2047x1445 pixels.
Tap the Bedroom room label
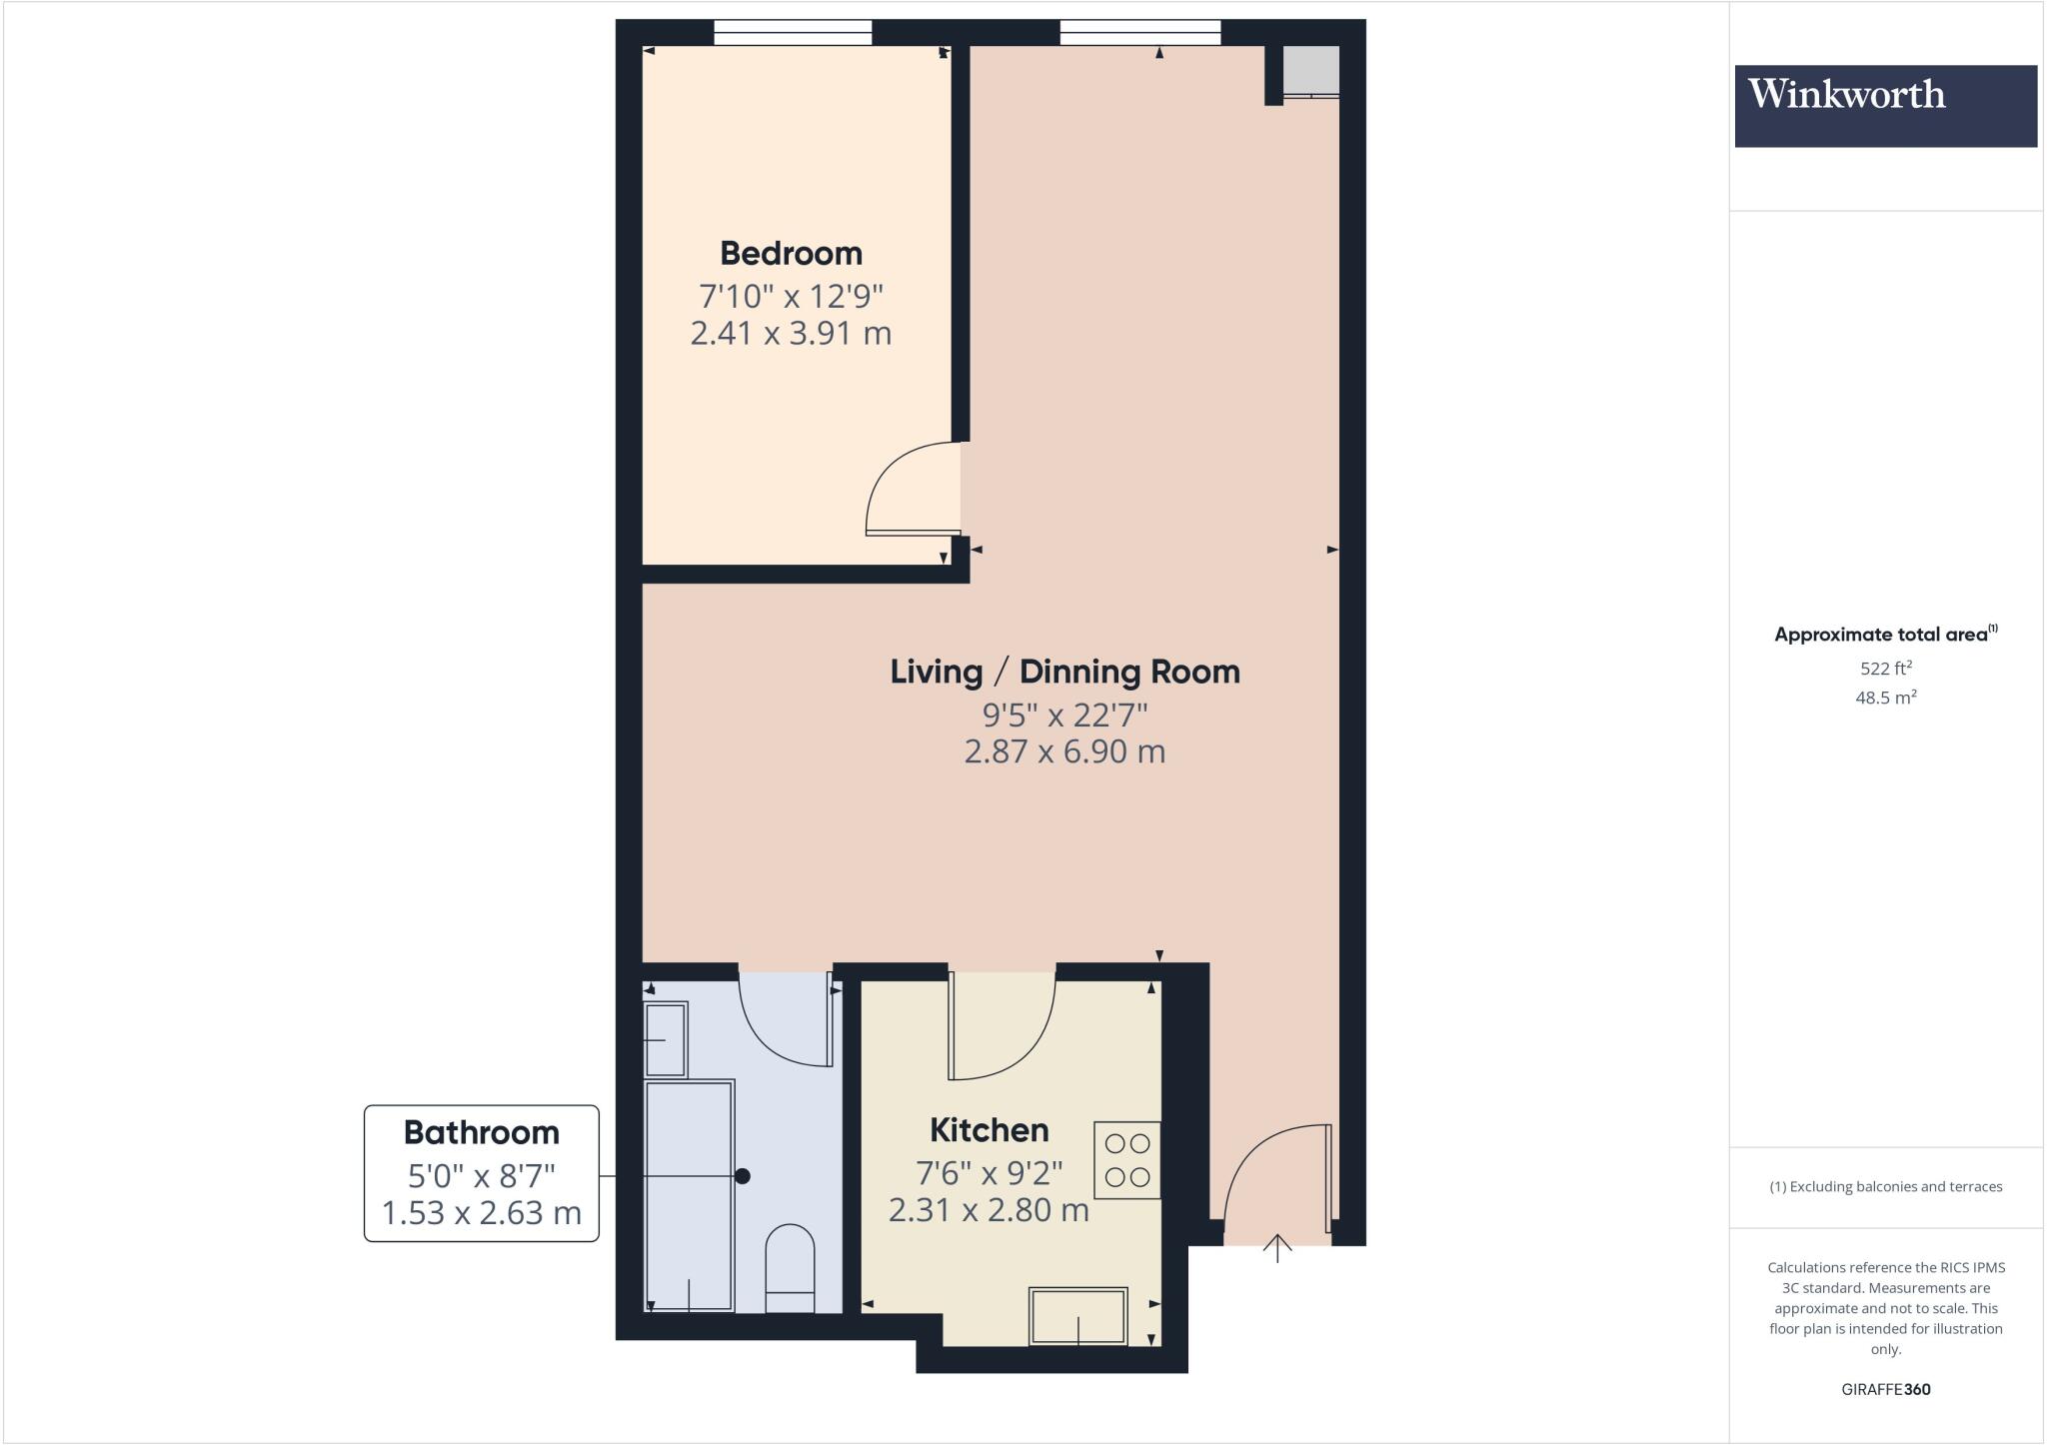point(791,253)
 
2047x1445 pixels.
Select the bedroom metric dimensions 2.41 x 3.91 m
point(791,333)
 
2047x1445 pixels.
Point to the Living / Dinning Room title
point(1064,672)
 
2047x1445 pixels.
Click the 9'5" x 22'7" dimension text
point(1064,715)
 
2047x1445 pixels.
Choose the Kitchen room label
point(989,1130)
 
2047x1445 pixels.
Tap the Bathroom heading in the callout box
point(481,1132)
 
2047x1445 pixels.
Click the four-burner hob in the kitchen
point(1127,1160)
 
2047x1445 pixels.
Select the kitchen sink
point(1078,1315)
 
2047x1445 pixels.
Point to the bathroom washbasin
point(665,1039)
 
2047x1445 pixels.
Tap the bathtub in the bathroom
point(690,1195)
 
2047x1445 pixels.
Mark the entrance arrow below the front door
point(1277,1248)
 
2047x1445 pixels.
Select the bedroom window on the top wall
point(793,34)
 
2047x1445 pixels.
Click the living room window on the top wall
point(1139,34)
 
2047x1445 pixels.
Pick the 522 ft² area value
point(1885,669)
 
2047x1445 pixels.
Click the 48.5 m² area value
point(1885,698)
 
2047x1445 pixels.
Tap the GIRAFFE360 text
point(1885,1389)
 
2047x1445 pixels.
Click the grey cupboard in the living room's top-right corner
point(1310,70)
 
